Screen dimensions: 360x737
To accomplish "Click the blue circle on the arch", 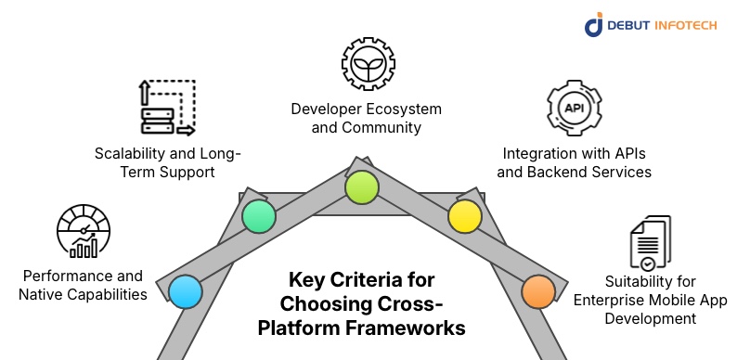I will [185, 291].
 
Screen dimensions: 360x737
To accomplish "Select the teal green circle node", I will [260, 217].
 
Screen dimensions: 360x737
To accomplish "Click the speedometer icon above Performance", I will [84, 232].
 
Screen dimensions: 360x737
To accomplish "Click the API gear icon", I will [575, 109].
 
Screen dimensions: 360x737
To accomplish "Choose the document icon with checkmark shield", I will [648, 243].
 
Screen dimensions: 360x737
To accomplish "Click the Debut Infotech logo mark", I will [594, 25].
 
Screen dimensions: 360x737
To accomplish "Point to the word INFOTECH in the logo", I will [689, 25].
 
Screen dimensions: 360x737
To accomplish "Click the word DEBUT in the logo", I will [629, 25].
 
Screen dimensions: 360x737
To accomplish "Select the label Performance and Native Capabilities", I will [82, 285].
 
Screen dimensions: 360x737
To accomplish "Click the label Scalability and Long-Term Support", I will [166, 162].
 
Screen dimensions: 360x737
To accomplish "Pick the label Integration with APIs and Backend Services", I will [576, 162].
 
